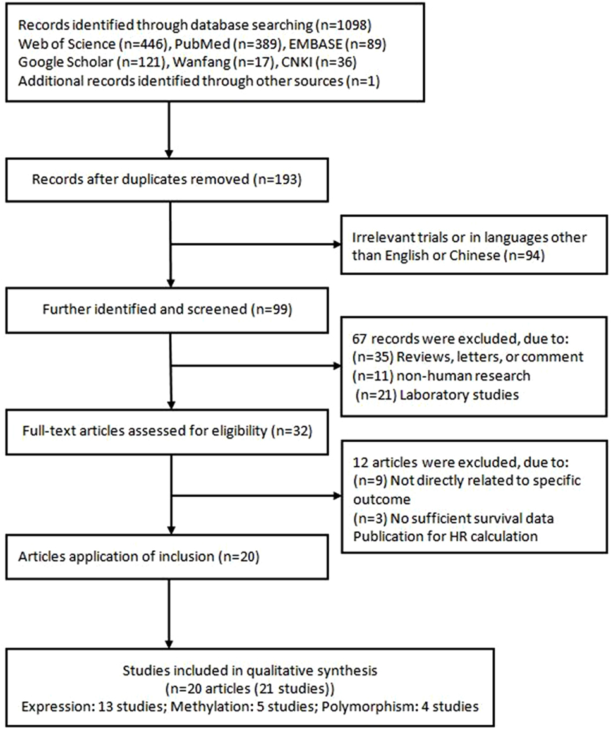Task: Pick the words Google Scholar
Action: pyautogui.click(x=66, y=63)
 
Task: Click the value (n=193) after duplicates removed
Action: pyautogui.click(x=277, y=179)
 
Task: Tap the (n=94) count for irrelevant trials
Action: pyautogui.click(x=524, y=255)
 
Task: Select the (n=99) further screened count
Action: pyautogui.click(x=272, y=310)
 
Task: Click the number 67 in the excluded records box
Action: pyautogui.click(x=360, y=339)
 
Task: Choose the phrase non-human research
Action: pyautogui.click(x=463, y=376)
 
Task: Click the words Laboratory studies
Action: pyautogui.click(x=459, y=395)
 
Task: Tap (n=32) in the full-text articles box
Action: pyautogui.click(x=291, y=431)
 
